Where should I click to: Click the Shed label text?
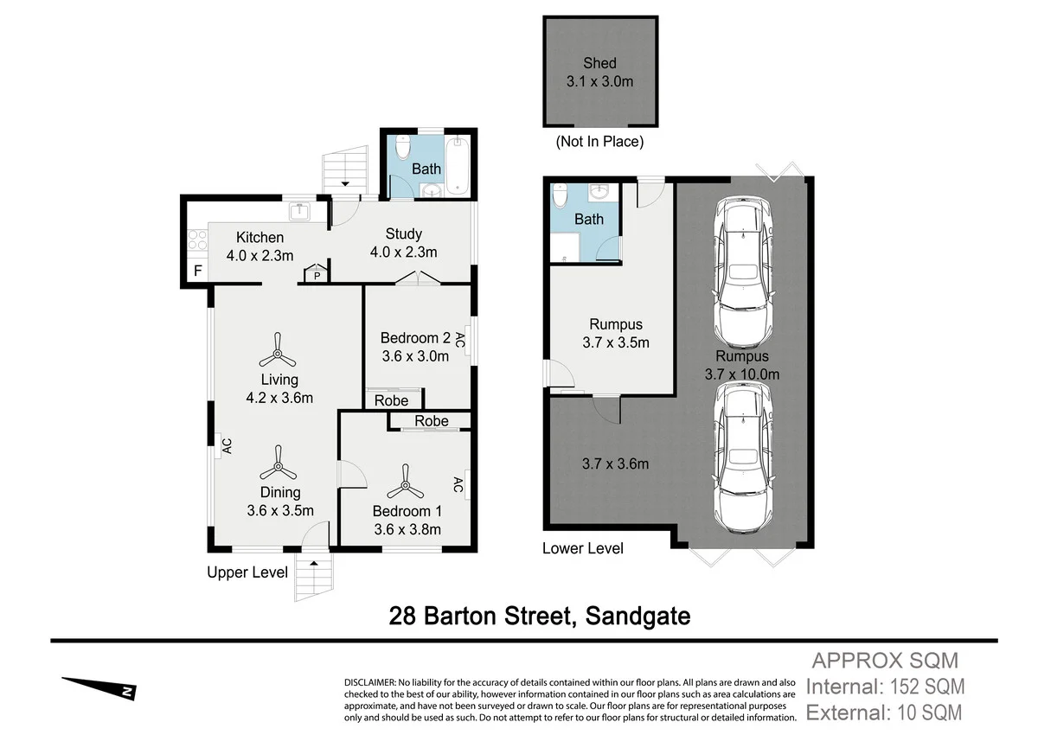[x=599, y=63]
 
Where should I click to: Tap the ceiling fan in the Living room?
[x=279, y=352]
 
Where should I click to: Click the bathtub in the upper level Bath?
[x=459, y=164]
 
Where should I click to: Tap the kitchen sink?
[x=300, y=210]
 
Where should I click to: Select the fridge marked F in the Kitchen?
[x=197, y=271]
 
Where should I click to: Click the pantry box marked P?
[x=317, y=275]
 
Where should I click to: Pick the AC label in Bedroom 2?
[x=460, y=341]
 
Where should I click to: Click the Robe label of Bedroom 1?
[x=431, y=421]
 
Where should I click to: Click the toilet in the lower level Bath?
[x=561, y=199]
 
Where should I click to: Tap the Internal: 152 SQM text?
[x=884, y=687]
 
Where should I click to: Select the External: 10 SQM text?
[x=882, y=713]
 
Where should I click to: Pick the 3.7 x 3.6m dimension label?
[x=614, y=464]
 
